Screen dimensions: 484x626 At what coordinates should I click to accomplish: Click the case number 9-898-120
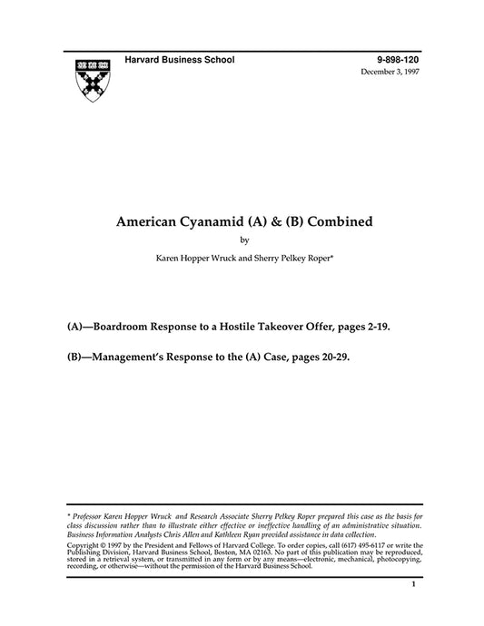(400, 59)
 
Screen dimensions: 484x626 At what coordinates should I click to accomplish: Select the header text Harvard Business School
(179, 59)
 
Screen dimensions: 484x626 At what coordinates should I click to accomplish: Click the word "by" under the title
(242, 240)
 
